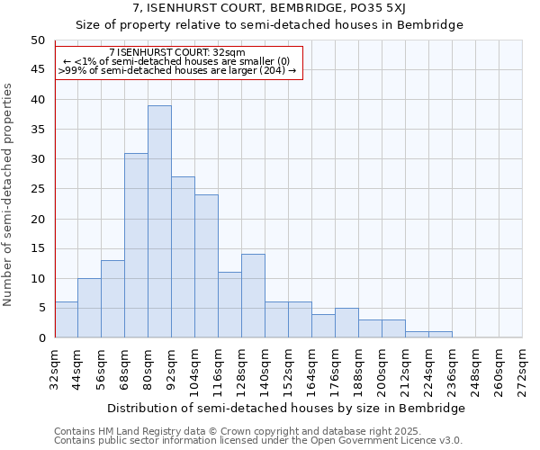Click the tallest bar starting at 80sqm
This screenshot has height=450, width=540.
pyautogui.click(x=159, y=221)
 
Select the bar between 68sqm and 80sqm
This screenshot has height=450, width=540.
pyautogui.click(x=136, y=245)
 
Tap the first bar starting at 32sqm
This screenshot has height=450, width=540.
pyautogui.click(x=66, y=319)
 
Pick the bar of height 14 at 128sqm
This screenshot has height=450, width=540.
pyautogui.click(x=253, y=296)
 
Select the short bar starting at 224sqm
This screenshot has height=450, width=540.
pyautogui.click(x=440, y=335)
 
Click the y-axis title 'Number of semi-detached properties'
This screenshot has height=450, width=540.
pyautogui.click(x=8, y=194)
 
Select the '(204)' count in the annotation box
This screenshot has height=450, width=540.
pyautogui.click(x=272, y=69)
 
